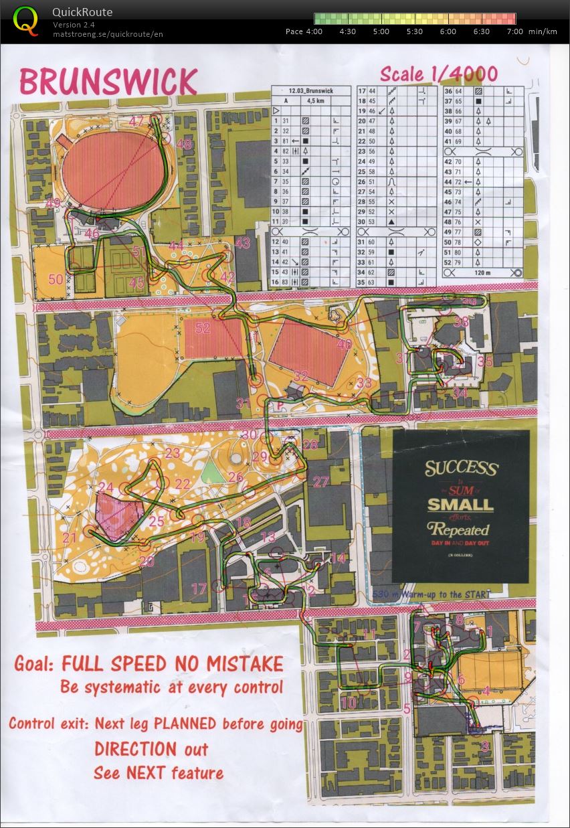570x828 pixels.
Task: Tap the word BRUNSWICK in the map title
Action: (x=108, y=82)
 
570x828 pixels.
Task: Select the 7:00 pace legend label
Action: (x=514, y=31)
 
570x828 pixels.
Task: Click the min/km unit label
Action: (x=542, y=31)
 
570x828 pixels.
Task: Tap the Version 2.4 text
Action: (x=74, y=25)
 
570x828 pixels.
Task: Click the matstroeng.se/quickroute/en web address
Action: (x=108, y=34)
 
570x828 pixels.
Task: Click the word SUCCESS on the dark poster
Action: (x=461, y=468)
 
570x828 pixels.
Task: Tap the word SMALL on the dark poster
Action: (x=460, y=504)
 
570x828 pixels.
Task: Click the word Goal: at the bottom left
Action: (x=35, y=664)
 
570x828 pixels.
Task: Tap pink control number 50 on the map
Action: (x=55, y=279)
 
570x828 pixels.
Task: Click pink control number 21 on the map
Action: (x=70, y=537)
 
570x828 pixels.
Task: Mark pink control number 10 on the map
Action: (x=349, y=703)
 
